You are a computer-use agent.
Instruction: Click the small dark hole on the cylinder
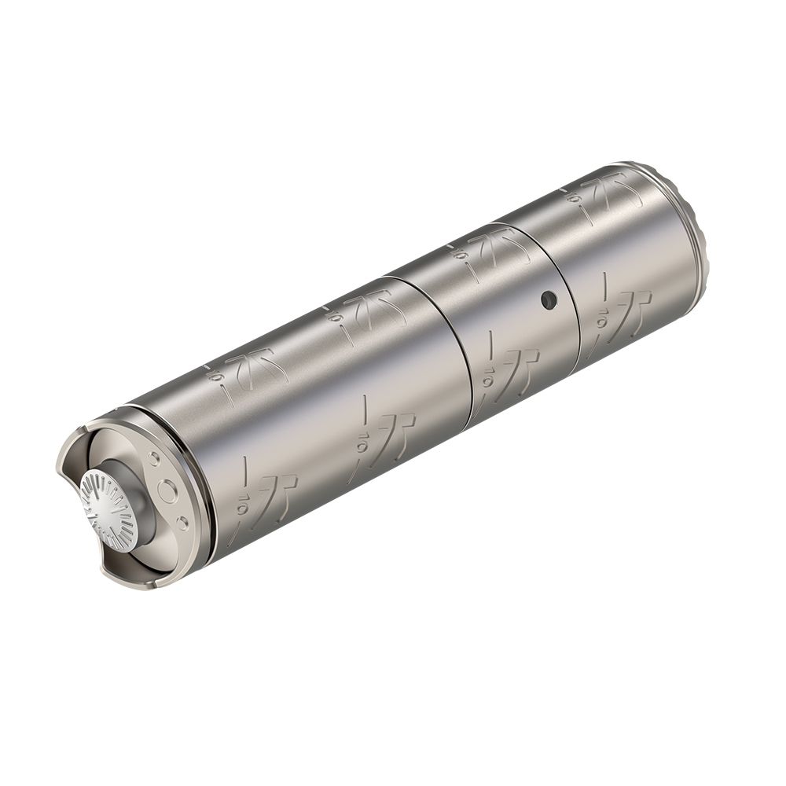tap(548, 299)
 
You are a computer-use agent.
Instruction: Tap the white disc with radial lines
tap(109, 509)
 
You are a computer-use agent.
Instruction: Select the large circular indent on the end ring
tap(167, 493)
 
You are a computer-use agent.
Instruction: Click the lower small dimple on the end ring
tap(182, 523)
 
